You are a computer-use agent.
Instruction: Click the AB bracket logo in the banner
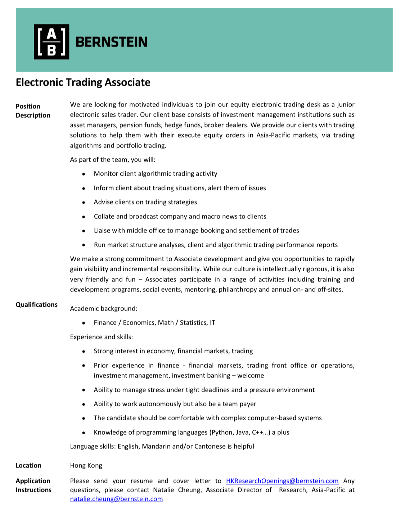51,42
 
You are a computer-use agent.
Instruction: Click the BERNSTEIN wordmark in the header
112,42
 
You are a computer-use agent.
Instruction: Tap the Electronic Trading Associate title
83,82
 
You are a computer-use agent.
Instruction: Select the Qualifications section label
36,304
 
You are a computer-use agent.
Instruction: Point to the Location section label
28,465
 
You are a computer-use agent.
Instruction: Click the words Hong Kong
86,465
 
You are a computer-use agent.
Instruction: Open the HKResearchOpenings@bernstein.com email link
282,481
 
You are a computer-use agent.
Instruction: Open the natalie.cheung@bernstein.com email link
116,499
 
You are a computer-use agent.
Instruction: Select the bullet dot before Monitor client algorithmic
84,174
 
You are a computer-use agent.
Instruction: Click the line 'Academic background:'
104,308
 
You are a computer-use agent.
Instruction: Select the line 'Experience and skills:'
101,337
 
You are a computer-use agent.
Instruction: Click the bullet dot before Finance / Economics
84,323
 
